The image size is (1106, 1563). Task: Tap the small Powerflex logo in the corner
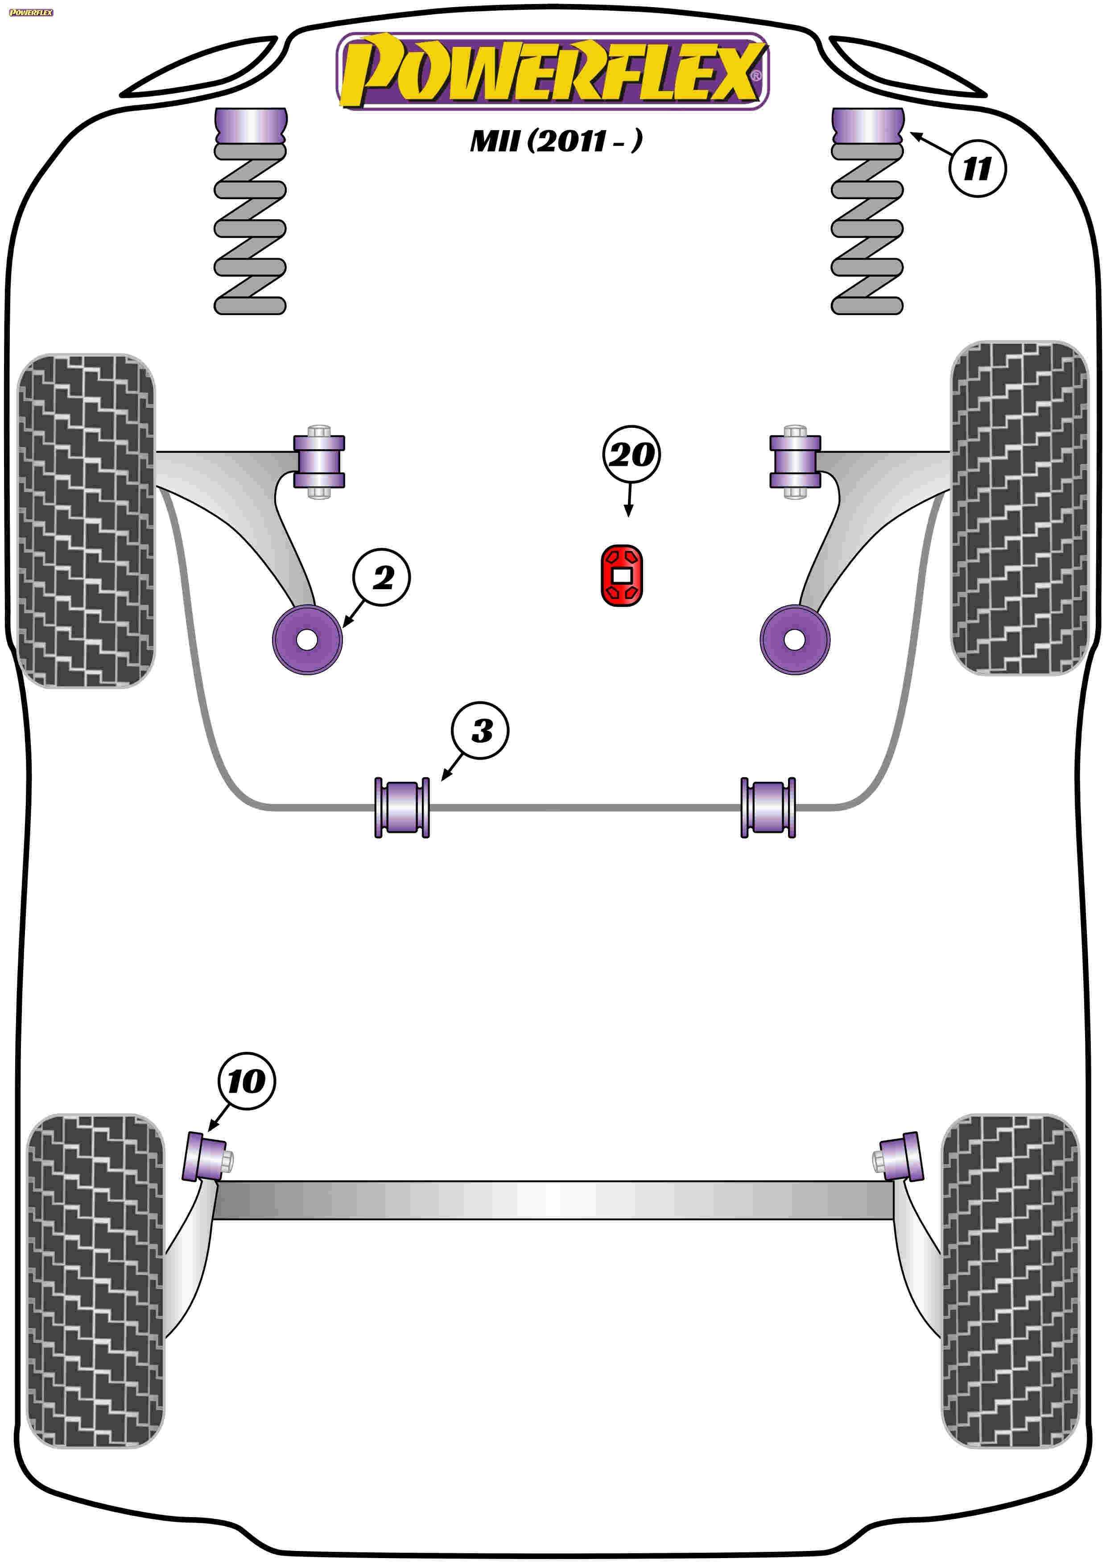pos(31,12)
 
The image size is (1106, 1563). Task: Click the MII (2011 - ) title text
pos(556,141)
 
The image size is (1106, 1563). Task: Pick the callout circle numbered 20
pos(631,455)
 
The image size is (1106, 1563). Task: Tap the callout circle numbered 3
pos(480,731)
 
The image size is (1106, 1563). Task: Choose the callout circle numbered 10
pos(247,1081)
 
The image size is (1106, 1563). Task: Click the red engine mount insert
pos(622,575)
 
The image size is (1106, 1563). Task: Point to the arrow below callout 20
pos(629,500)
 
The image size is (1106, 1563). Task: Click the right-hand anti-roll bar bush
pos(768,808)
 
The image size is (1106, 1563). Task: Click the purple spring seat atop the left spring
pos(251,126)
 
